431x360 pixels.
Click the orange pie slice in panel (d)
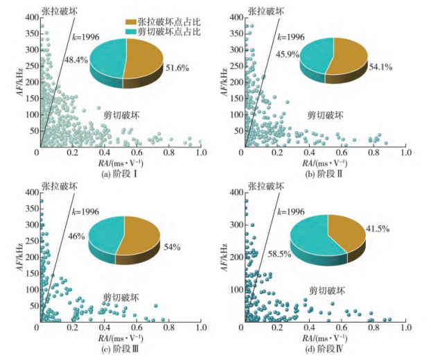[x=346, y=232]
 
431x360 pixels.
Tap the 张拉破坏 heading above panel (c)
[x=55, y=187]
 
